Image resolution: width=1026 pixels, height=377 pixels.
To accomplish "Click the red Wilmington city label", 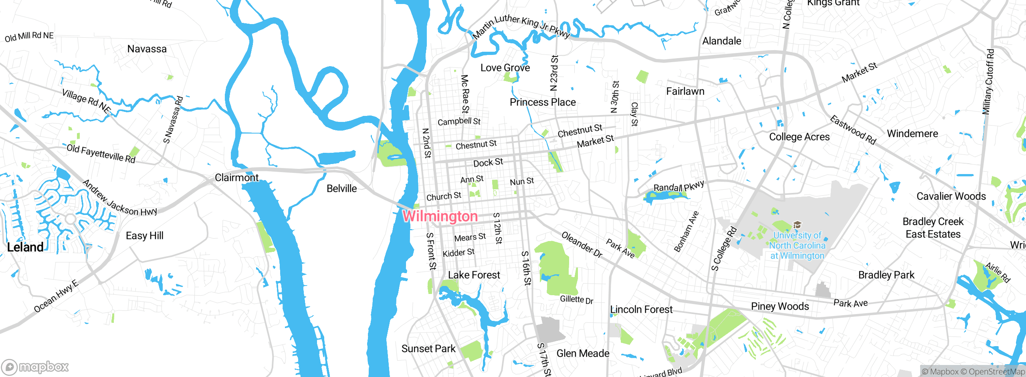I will pos(440,216).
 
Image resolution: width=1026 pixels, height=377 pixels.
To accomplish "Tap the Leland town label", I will pos(25,247).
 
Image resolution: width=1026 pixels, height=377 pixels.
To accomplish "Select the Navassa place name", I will pos(147,49).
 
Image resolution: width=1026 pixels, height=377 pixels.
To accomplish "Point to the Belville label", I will pos(341,188).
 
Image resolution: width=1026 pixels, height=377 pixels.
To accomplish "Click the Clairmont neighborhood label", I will pos(236,177).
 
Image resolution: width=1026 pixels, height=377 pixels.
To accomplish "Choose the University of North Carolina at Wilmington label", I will pos(797,245).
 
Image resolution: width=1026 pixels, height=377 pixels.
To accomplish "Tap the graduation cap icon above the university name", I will pos(798,225).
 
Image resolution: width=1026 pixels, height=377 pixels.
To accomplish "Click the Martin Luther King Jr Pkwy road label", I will pos(521,26).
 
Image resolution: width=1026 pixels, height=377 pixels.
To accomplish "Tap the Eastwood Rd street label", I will pos(853,130).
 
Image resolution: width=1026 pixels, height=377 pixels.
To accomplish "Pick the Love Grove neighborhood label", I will pos(505,68).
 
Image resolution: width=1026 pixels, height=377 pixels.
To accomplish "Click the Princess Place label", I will pos(543,102).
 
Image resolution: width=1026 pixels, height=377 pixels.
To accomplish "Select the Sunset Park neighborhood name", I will pos(428,349).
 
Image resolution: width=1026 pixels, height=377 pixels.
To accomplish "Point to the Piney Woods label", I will pos(780,306).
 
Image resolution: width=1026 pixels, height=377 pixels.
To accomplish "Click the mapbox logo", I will pos(35,367).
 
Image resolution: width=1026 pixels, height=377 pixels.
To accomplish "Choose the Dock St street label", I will pos(488,162).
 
